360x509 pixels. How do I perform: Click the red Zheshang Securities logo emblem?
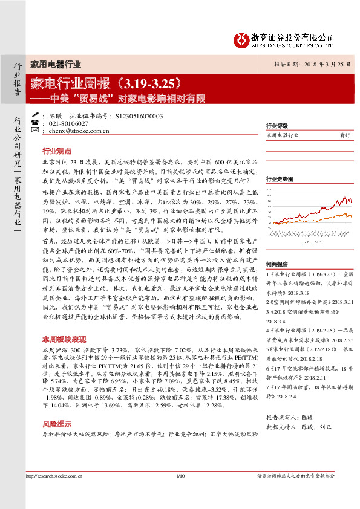tap(241, 40)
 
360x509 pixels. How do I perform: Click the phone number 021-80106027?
tap(68, 123)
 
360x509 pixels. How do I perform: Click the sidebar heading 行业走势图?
tap(280, 179)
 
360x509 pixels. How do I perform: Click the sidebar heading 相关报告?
tap(276, 247)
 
